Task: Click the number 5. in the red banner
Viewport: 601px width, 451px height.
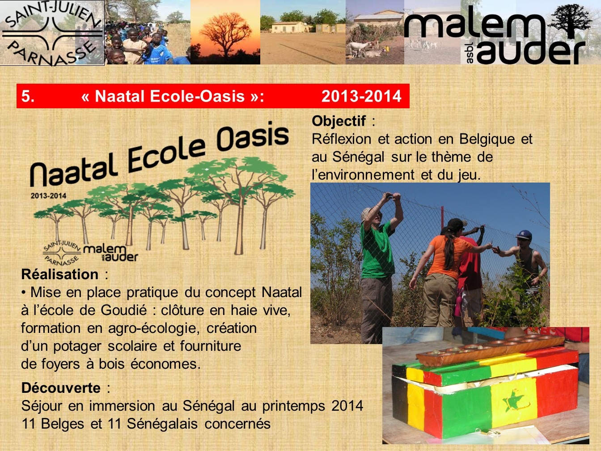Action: (x=28, y=96)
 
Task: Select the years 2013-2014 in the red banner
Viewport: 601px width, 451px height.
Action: (x=361, y=96)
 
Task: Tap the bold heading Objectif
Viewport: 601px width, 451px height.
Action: (x=339, y=121)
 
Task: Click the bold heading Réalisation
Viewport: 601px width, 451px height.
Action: (x=59, y=274)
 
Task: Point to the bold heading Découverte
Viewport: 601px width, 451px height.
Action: (x=61, y=388)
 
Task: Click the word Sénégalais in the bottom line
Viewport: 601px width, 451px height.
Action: (x=162, y=424)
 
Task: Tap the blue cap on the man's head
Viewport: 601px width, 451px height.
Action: (x=524, y=235)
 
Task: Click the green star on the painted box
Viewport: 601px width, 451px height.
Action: (x=512, y=401)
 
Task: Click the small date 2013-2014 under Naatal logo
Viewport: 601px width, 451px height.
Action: (x=48, y=196)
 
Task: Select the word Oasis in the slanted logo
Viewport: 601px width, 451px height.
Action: (x=253, y=137)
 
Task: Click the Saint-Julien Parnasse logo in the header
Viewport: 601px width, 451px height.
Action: (x=52, y=33)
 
